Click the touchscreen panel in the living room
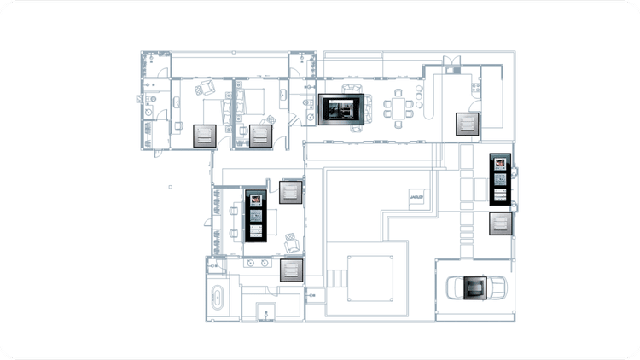pyautogui.click(x=342, y=111)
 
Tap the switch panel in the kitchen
pyautogui.click(x=467, y=125)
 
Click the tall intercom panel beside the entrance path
pyautogui.click(x=501, y=181)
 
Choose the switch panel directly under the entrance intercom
pyautogui.click(x=500, y=224)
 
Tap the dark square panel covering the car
pyautogui.click(x=472, y=287)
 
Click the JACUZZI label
pyautogui.click(x=417, y=199)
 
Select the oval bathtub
pyautogui.click(x=218, y=299)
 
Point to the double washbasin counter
pyautogui.click(x=256, y=264)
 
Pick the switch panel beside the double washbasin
pyautogui.click(x=292, y=271)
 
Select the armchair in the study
pyautogui.click(x=292, y=242)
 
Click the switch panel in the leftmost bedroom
pyautogui.click(x=206, y=136)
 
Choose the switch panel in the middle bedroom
pyautogui.click(x=260, y=136)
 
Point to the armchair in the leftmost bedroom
pyautogui.click(x=205, y=88)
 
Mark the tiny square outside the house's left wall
pyautogui.click(x=171, y=186)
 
